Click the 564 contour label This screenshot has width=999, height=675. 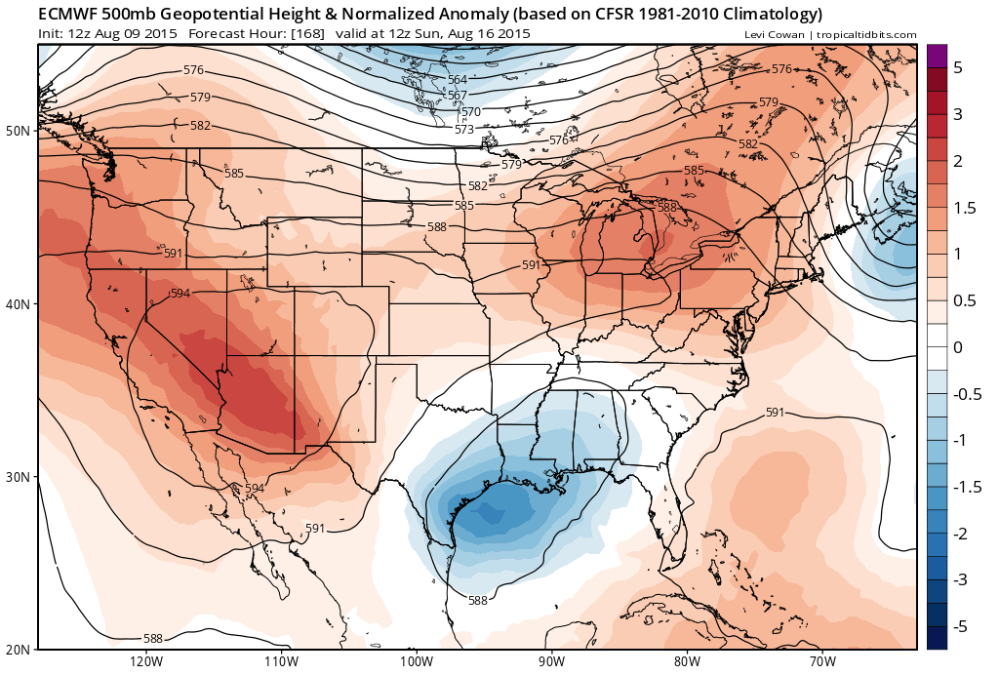(x=457, y=80)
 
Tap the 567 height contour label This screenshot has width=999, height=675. (x=457, y=96)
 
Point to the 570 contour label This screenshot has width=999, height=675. (x=470, y=112)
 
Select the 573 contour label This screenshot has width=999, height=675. (x=464, y=129)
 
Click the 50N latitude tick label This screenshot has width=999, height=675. (x=19, y=130)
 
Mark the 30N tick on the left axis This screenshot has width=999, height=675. (x=19, y=476)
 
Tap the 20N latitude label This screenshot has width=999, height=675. (x=19, y=650)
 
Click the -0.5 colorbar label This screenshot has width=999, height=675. (x=966, y=394)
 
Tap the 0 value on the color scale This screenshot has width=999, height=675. (x=958, y=347)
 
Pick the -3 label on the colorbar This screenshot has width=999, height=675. (x=962, y=579)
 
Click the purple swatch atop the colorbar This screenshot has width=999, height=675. (x=937, y=56)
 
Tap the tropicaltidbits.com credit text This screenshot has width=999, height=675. (x=866, y=35)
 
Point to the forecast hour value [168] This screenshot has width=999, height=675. (x=309, y=34)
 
